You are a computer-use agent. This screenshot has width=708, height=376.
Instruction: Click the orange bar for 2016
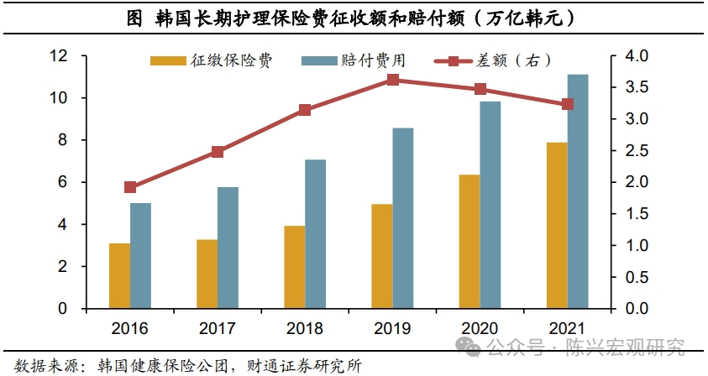tap(120, 276)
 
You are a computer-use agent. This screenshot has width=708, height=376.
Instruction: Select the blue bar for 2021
tap(578, 191)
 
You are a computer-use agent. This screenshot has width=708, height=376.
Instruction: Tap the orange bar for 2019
tap(382, 256)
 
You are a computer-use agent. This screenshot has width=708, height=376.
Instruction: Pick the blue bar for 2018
tap(315, 234)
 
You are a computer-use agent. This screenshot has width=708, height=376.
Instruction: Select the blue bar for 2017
tap(228, 248)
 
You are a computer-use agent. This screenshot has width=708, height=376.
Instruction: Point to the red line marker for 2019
tap(393, 80)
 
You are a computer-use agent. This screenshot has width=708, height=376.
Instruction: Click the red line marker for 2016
tap(130, 187)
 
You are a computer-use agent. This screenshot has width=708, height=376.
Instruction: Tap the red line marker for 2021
tap(568, 104)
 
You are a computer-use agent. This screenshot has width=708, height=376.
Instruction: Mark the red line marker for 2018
tap(305, 110)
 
